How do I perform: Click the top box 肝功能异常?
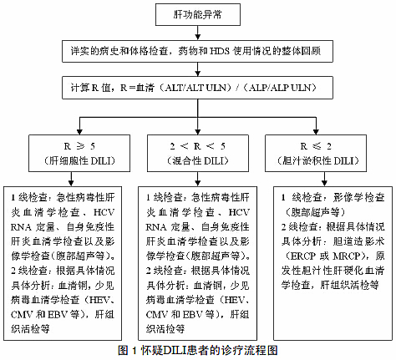pos(196,14)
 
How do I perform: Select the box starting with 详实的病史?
pos(197,50)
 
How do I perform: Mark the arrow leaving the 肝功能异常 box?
pos(196,30)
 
